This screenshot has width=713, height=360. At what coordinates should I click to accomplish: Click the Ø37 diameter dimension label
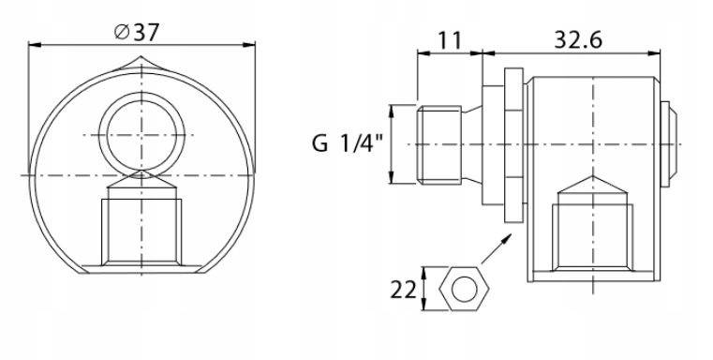137,32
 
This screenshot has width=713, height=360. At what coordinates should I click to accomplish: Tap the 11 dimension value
450,40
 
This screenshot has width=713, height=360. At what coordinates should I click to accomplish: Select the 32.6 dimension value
578,40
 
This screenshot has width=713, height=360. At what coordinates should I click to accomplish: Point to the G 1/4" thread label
348,143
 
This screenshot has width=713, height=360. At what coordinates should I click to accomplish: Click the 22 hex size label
403,290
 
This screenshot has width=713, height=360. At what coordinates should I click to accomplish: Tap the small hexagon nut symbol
464,289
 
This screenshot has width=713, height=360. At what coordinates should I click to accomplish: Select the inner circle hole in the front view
141,135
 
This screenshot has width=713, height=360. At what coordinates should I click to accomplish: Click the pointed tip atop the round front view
141,57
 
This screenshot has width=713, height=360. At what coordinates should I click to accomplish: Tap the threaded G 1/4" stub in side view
439,145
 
